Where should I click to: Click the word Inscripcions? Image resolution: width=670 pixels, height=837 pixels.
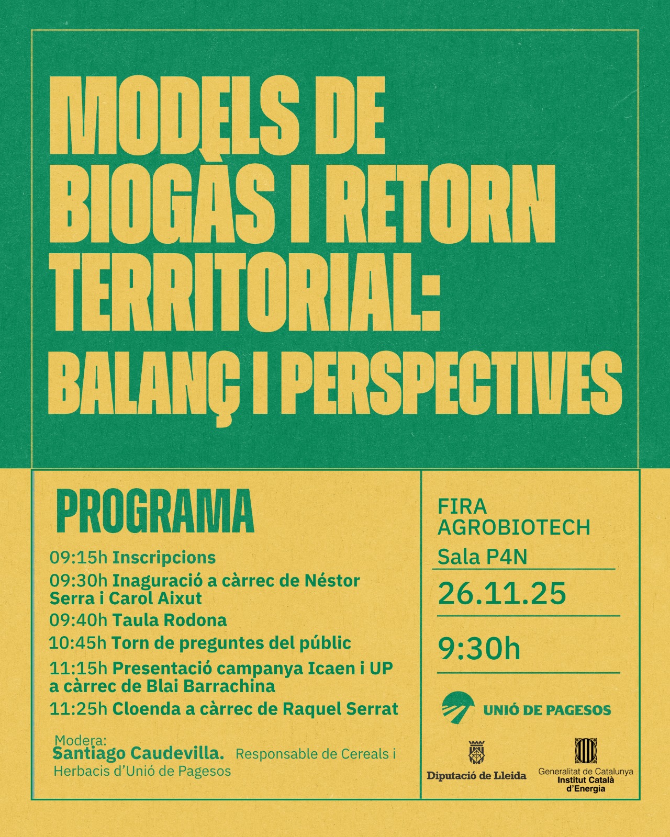164,559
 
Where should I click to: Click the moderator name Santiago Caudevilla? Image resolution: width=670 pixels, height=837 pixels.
139,754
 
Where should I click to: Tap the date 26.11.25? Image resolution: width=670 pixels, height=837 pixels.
502,594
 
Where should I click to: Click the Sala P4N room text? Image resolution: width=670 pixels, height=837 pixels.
483,557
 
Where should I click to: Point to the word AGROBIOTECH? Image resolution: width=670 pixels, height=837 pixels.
514,528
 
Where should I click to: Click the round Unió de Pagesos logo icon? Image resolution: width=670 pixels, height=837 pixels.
458,710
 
